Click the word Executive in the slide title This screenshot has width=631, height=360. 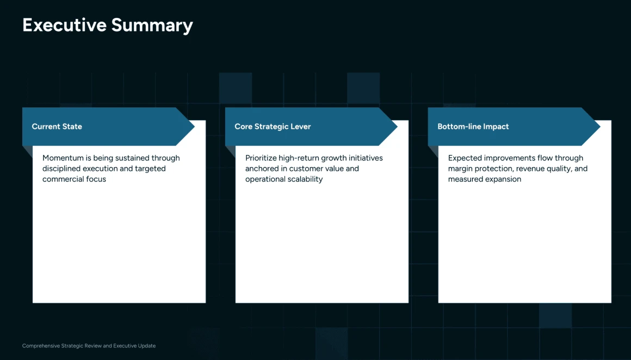64,25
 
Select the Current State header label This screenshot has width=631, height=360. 57,126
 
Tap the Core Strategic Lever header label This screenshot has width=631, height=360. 273,126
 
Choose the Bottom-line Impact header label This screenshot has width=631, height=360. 473,126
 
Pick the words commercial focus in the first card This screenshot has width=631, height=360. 74,179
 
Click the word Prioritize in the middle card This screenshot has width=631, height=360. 261,158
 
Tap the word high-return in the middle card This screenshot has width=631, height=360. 298,158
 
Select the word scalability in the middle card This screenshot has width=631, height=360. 304,179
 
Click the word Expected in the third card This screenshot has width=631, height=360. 464,158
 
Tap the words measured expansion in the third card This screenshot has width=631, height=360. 485,179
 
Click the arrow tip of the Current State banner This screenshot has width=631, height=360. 194,126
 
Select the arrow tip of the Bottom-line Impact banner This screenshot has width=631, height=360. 600,126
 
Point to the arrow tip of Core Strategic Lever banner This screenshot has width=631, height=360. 397,126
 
